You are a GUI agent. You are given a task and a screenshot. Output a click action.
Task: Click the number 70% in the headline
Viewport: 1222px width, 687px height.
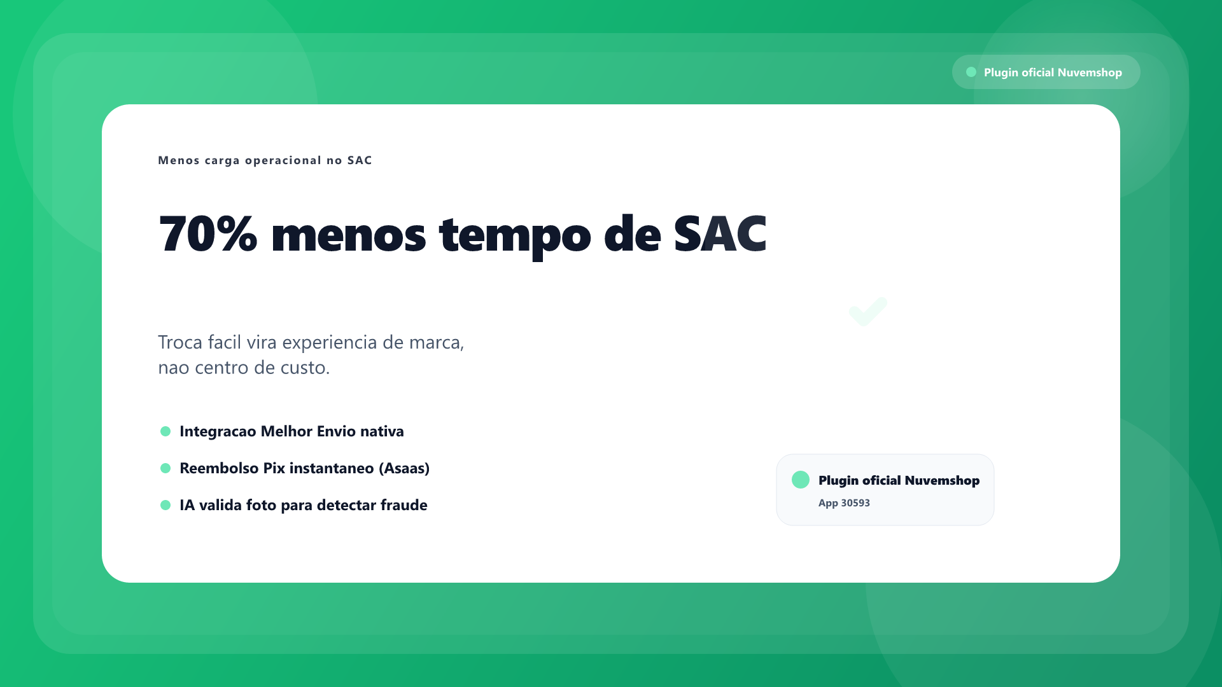click(208, 233)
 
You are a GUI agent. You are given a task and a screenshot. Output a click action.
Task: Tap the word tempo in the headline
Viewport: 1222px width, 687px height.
click(515, 236)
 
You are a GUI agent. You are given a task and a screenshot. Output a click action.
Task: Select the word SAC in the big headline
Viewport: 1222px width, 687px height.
click(720, 233)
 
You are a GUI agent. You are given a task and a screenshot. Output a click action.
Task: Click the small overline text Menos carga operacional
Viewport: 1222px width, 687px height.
click(240, 160)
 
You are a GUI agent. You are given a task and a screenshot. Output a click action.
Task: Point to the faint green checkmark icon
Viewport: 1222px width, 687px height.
click(868, 312)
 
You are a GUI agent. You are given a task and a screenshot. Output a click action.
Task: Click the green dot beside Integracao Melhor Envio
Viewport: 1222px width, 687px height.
click(165, 431)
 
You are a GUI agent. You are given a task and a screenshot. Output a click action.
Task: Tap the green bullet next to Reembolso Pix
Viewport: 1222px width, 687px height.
click(165, 468)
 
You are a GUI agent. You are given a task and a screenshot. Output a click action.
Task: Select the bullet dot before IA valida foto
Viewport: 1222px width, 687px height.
click(165, 505)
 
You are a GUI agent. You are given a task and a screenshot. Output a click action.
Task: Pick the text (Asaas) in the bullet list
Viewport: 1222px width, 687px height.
click(404, 468)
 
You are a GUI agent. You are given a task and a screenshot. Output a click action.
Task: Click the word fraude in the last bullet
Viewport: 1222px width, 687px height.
click(404, 505)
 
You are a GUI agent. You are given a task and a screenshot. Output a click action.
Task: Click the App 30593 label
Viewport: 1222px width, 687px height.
click(844, 503)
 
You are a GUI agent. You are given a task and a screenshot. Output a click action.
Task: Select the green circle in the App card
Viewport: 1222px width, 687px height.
click(801, 480)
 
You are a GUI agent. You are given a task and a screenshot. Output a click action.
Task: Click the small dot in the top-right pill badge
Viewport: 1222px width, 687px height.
click(971, 72)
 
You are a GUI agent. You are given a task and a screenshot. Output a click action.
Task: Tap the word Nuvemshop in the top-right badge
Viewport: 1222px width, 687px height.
click(1090, 73)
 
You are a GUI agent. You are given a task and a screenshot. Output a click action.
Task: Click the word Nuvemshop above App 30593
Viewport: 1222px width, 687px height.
click(942, 480)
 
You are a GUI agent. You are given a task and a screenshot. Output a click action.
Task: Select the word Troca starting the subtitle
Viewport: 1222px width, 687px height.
click(180, 342)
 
